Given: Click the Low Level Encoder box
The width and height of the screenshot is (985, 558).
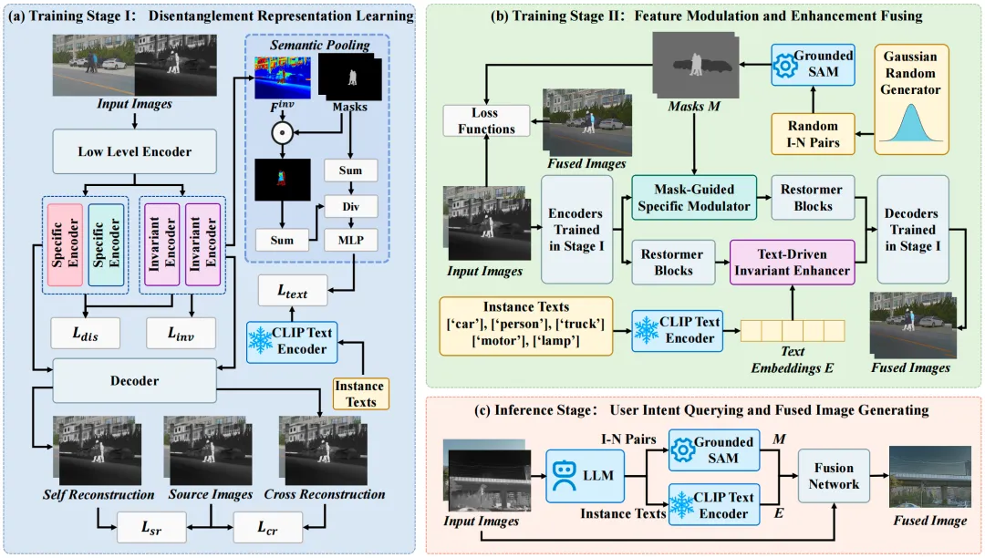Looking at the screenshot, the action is [134, 151].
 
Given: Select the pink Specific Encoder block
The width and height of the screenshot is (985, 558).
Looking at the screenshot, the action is [65, 244].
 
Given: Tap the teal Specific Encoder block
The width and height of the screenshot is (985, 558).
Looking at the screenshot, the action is [106, 244].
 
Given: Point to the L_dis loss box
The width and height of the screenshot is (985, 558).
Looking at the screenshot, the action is [86, 334].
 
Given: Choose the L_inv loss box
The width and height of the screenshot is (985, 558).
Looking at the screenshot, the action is [181, 334].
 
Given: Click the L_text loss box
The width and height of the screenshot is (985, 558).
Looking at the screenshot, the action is [293, 291].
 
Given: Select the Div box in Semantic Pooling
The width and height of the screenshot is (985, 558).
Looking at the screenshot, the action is [350, 206].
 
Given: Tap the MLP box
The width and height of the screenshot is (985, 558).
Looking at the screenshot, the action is [350, 240].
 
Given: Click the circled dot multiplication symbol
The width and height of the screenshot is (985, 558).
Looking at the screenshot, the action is [282, 132].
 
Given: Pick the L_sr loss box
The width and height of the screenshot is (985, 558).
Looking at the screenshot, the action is [151, 527].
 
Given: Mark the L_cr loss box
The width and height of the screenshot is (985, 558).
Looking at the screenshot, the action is [267, 527].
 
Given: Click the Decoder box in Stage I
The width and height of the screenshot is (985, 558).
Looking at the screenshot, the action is [134, 381].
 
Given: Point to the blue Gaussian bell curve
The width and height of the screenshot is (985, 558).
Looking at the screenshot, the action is [911, 122].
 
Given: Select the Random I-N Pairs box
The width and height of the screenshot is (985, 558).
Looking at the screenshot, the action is [813, 134].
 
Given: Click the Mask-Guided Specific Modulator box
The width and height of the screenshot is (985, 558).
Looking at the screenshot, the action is [694, 198].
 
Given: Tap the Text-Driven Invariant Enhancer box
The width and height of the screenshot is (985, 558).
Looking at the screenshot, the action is [793, 263].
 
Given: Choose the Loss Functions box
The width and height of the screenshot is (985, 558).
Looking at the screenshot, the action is [486, 120].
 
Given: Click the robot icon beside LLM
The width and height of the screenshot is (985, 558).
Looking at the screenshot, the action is [565, 476].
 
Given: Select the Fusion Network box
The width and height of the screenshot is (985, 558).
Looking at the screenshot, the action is [834, 476].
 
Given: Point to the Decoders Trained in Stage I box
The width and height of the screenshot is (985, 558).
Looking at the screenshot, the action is [913, 230].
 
